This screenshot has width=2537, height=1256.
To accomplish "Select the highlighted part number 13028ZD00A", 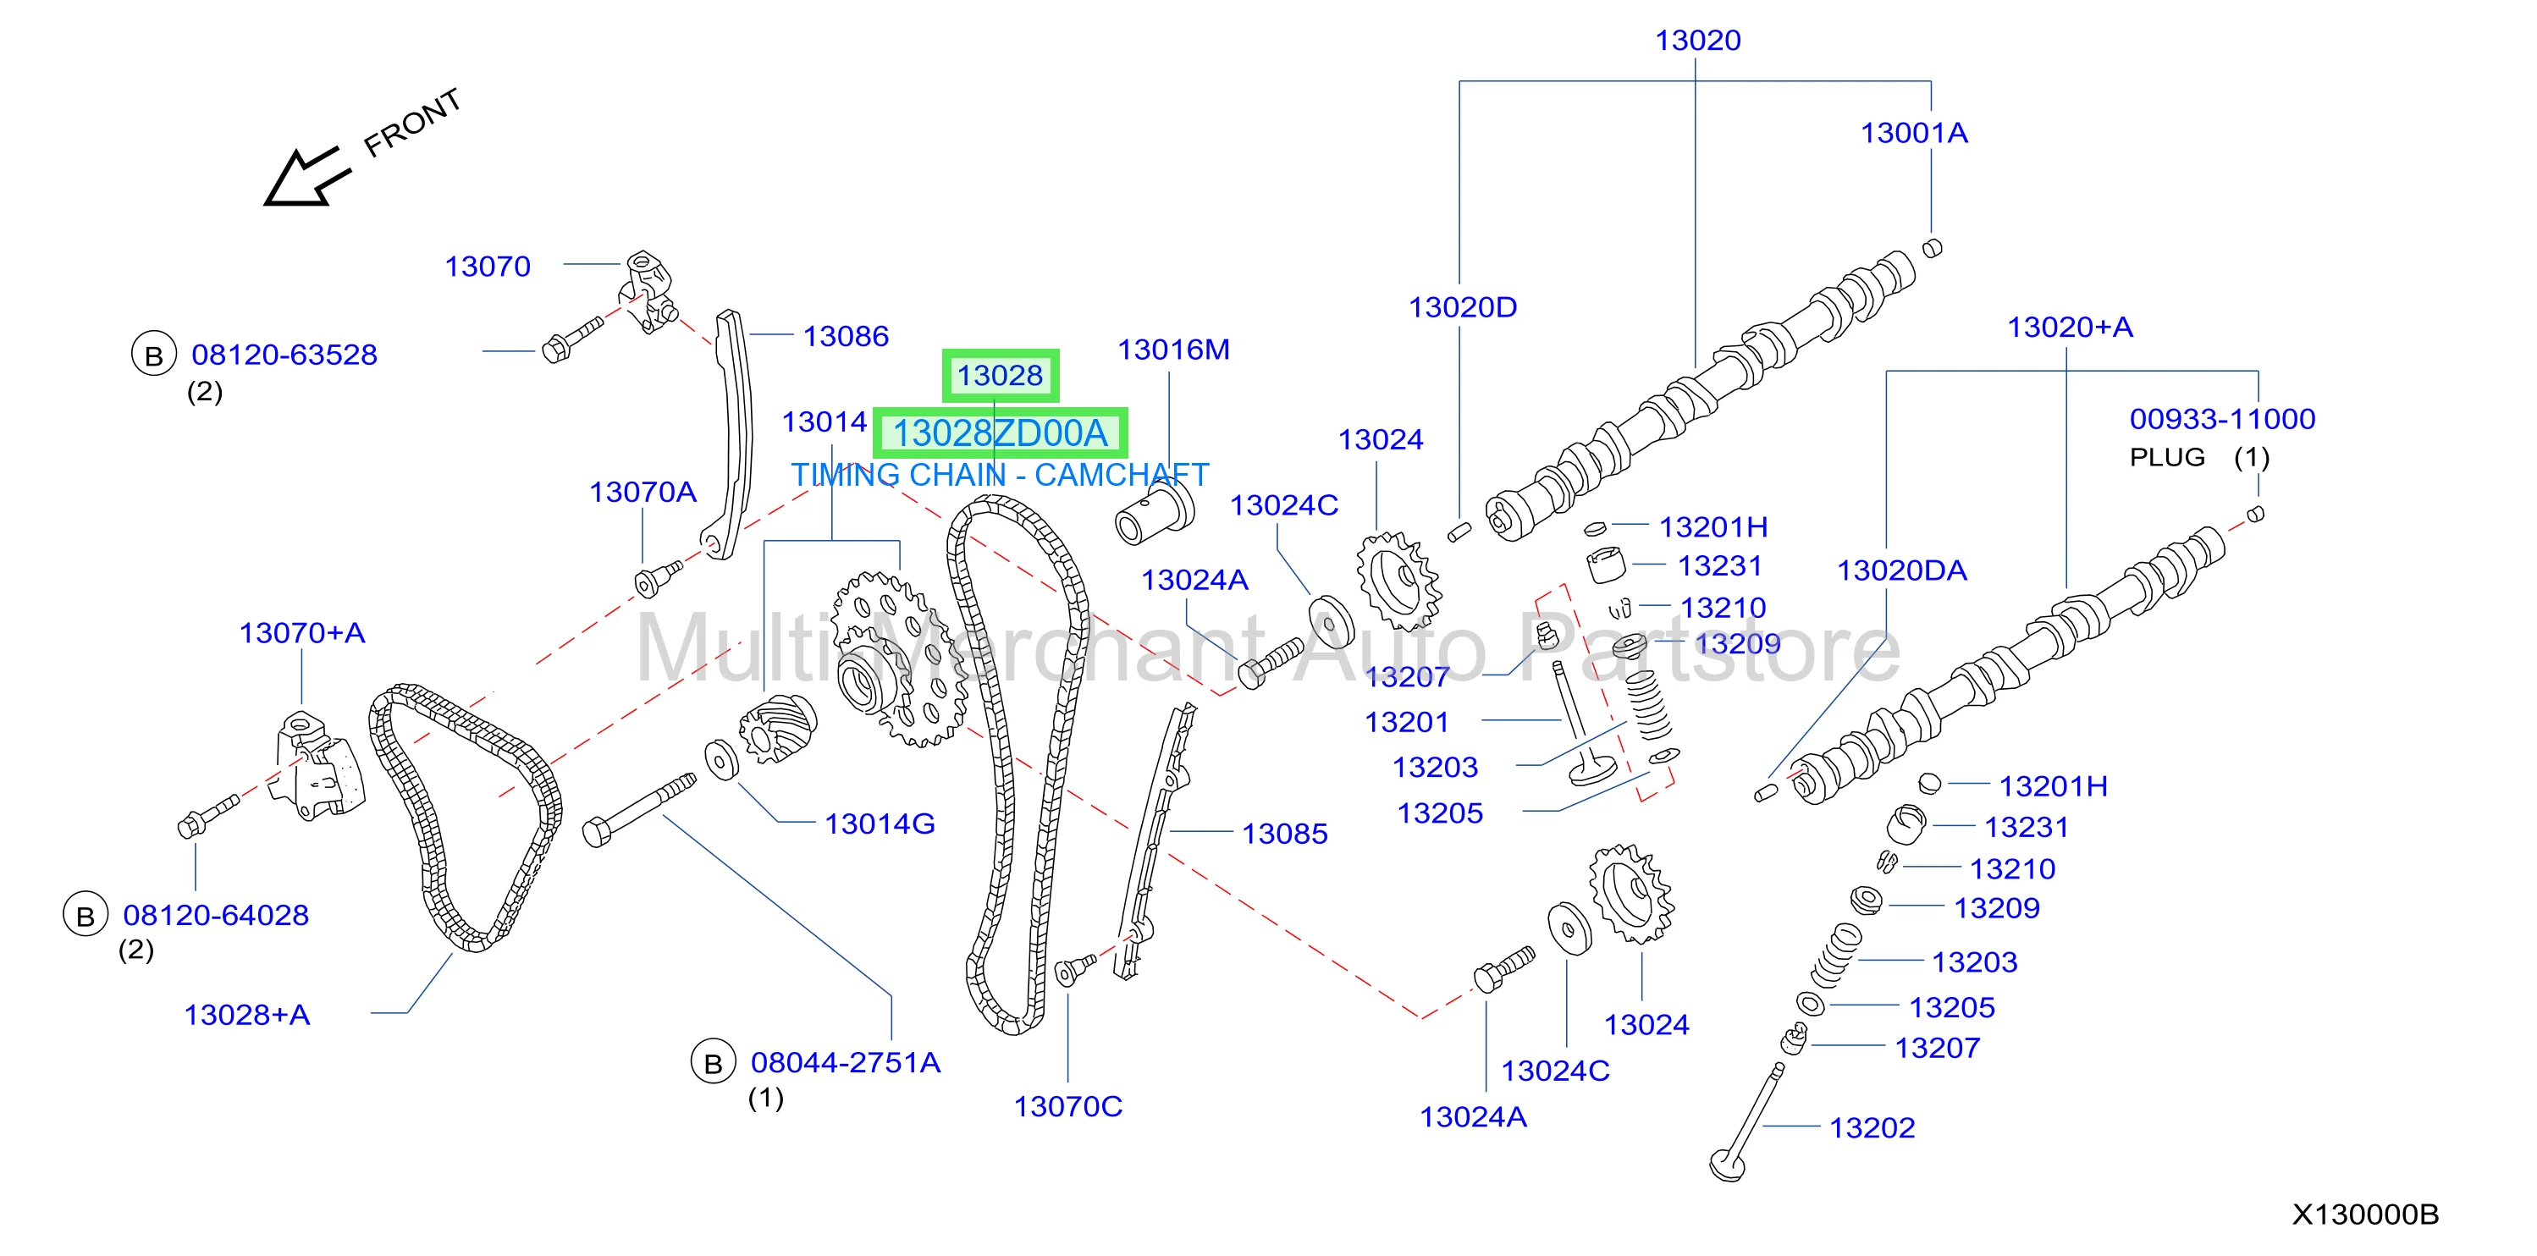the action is click(1000, 433).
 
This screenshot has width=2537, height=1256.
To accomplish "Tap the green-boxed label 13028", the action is click(1000, 375).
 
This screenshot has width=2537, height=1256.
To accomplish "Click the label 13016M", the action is click(1173, 350).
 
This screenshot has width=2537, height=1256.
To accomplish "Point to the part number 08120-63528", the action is click(284, 355).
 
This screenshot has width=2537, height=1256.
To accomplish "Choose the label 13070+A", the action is click(301, 633).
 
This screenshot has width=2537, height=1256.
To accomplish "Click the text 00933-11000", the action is click(2222, 419).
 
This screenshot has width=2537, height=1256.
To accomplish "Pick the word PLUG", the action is click(2167, 458).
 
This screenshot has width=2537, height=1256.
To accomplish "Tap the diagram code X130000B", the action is click(2364, 1215).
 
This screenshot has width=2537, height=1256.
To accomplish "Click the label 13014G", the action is click(880, 824).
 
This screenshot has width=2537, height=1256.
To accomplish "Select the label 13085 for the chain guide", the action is click(1284, 834).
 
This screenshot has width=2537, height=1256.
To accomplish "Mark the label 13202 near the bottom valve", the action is click(1872, 1128).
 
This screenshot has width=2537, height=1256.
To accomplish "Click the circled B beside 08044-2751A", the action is click(713, 1062).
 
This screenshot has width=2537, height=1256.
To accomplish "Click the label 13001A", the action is click(1914, 133).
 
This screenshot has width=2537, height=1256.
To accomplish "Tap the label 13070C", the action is click(1067, 1106).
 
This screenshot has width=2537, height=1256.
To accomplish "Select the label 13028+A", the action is click(246, 1015).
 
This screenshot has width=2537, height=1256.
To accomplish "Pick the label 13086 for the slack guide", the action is click(845, 337).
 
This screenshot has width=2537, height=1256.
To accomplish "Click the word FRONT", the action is click(412, 123).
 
